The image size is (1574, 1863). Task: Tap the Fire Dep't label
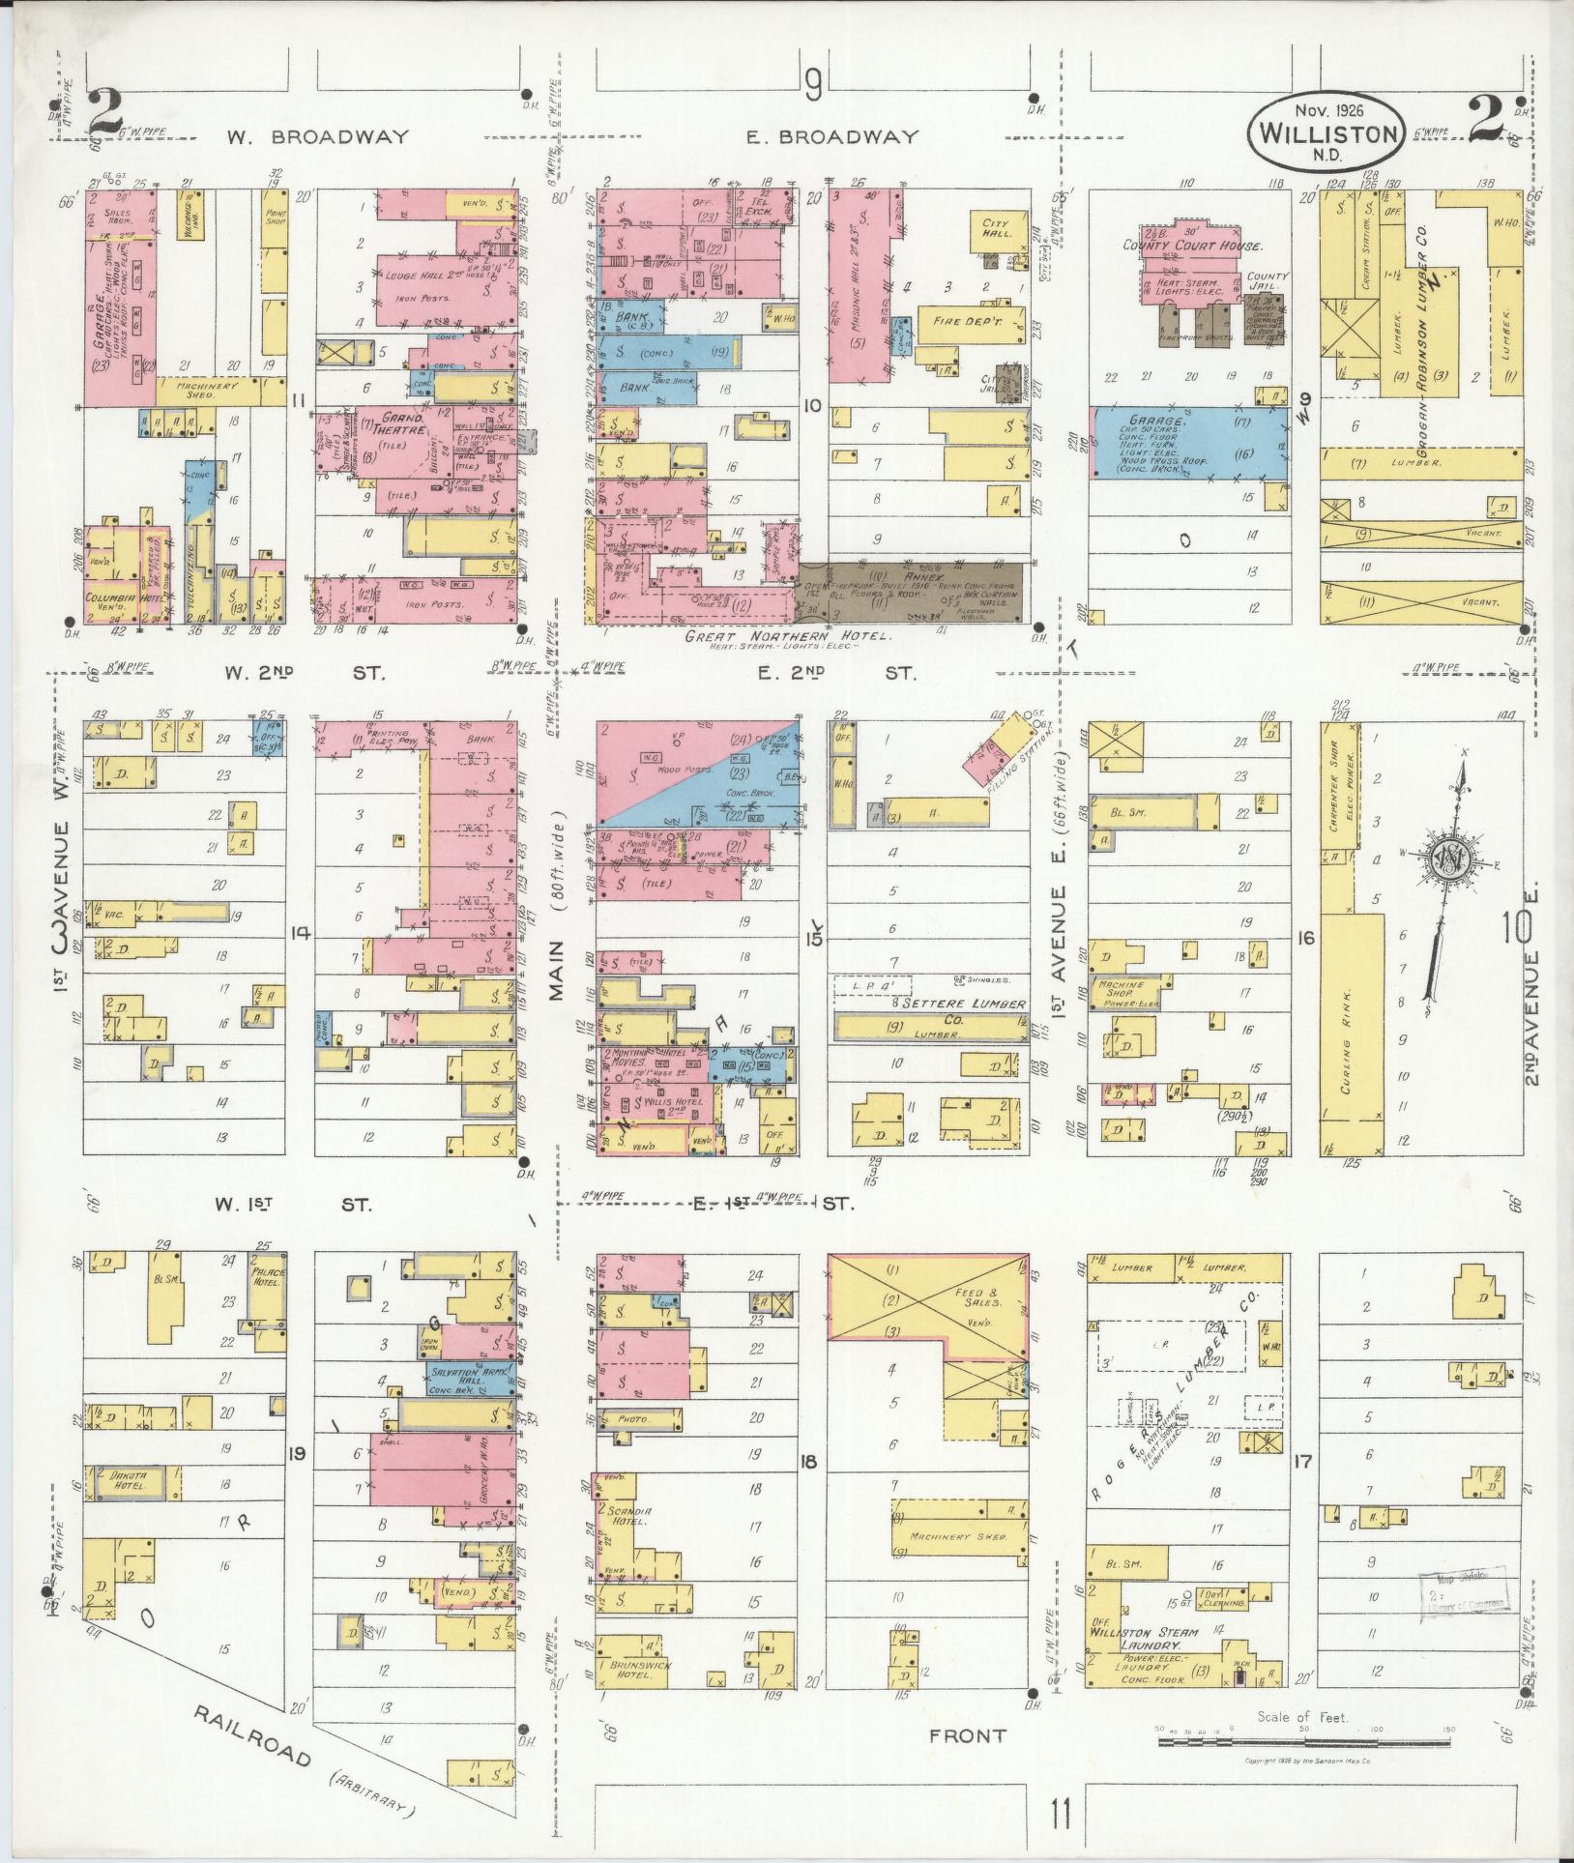coord(962,320)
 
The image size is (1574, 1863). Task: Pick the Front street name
coord(967,1735)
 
